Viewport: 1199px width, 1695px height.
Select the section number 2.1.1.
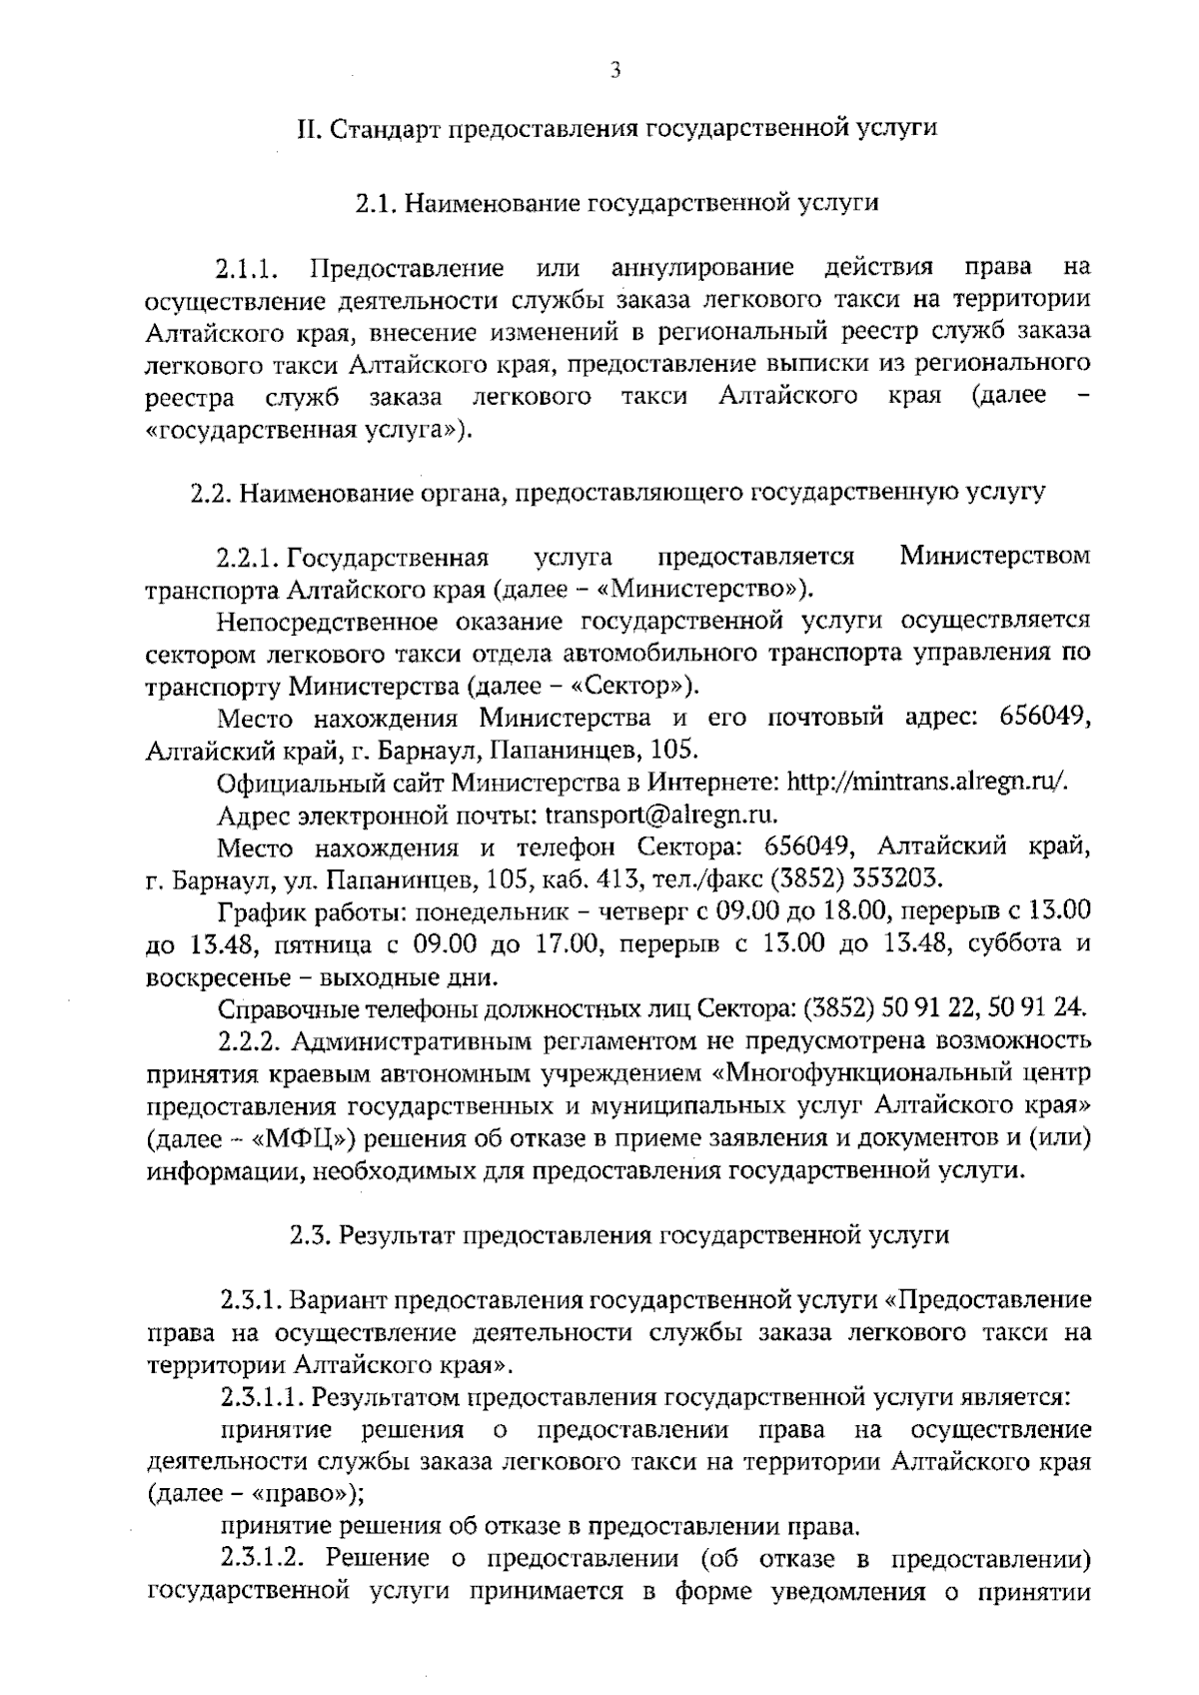[x=245, y=269]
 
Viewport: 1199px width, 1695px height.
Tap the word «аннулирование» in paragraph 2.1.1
[x=702, y=268]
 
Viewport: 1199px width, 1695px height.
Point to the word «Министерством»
[x=994, y=556]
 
